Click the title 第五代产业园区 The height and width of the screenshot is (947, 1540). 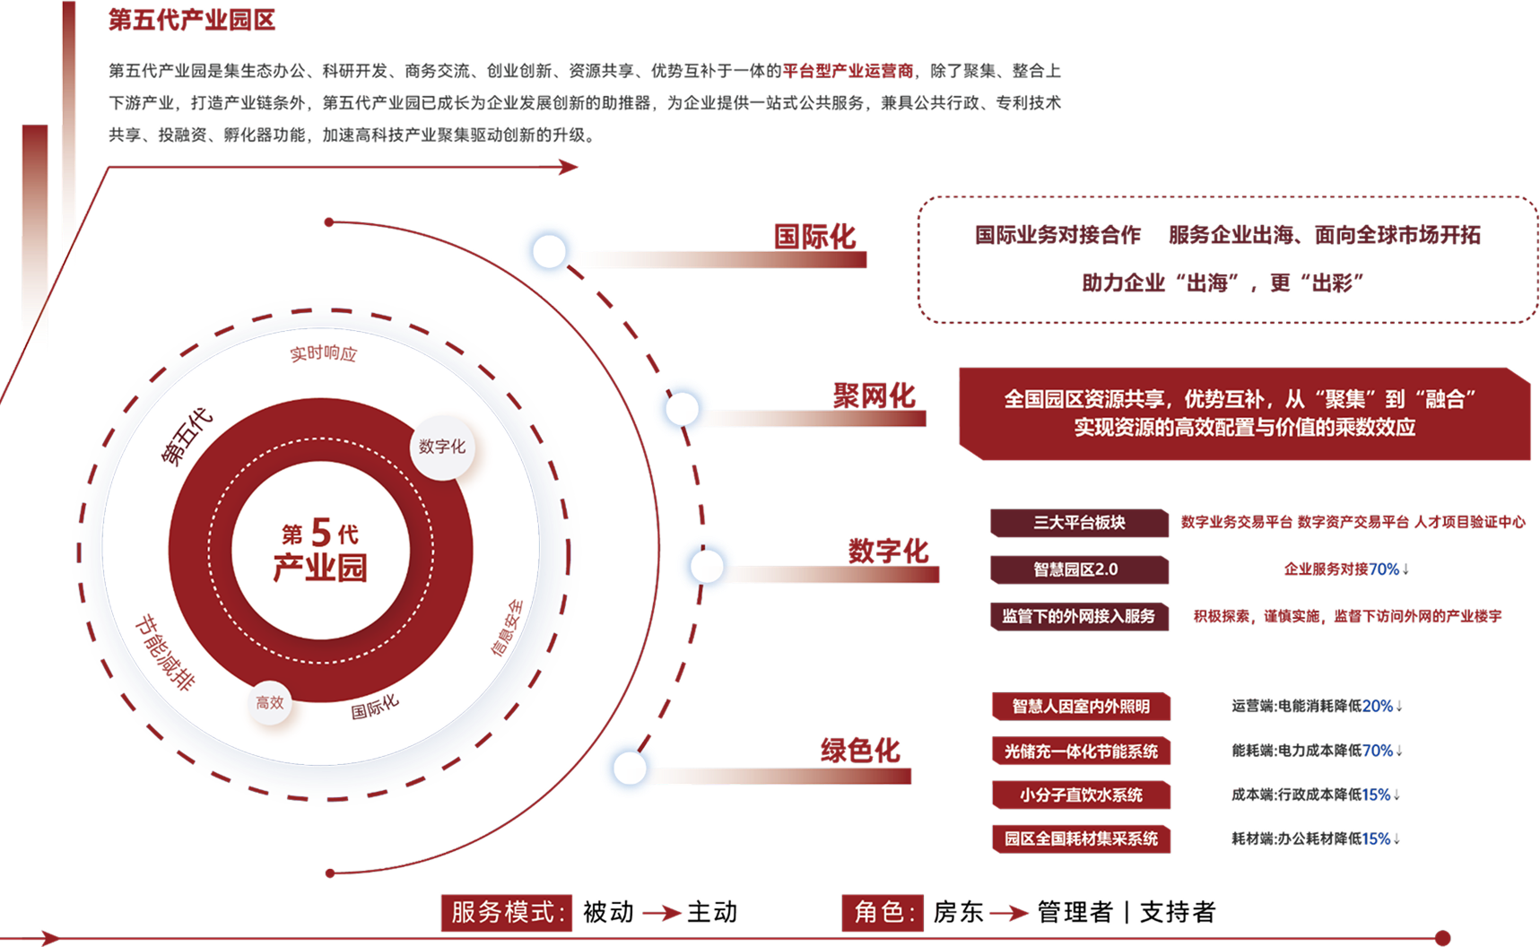192,20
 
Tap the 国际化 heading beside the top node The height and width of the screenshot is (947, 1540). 814,237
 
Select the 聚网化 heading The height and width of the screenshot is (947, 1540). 874,395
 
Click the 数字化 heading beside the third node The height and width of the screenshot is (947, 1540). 888,551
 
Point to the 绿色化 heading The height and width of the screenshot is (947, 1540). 860,750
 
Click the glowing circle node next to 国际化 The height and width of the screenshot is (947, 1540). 549,250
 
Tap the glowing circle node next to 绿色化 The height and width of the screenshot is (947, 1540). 630,768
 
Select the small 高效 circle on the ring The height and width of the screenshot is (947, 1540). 270,703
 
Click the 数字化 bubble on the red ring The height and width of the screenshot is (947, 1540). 441,447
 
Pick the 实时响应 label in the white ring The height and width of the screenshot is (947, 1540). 323,353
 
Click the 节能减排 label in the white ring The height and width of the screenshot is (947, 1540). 165,653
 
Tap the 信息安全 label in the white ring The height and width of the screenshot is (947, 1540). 507,628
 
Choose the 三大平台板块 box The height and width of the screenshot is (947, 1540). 1079,523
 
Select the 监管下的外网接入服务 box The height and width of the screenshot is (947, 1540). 1079,616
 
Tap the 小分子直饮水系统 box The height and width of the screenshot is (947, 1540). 1081,795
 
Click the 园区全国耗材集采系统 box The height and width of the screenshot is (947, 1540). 1081,838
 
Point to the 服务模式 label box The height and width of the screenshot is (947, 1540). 507,912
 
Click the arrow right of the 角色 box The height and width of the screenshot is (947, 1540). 1009,913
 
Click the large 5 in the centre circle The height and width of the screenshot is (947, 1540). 321,533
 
